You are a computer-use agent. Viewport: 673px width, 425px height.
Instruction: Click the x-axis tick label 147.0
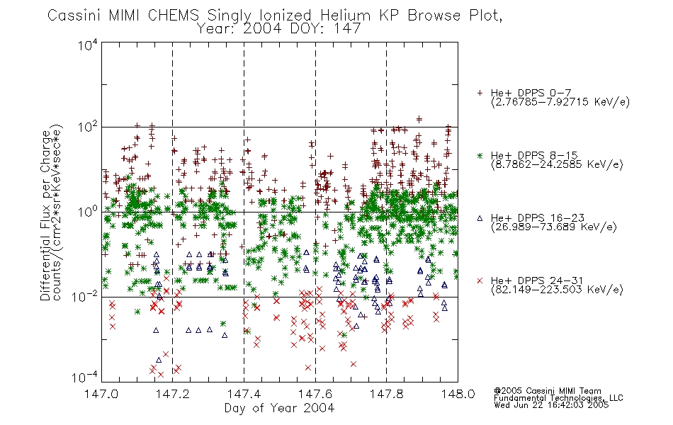(101, 394)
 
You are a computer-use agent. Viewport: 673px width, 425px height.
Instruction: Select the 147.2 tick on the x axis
(173, 394)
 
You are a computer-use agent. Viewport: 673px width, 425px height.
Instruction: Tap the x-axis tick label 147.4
(244, 394)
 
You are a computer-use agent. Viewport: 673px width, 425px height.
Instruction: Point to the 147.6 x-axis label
(315, 394)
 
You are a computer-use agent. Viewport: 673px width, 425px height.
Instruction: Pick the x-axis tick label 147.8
(386, 394)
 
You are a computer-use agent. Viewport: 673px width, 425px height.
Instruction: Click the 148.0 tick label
(458, 394)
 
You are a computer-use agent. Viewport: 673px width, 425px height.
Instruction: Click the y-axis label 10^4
(88, 45)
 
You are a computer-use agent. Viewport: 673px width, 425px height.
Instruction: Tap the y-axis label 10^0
(88, 212)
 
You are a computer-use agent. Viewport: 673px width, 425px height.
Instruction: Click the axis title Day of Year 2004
(279, 408)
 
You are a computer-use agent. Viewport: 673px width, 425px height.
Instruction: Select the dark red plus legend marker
(480, 93)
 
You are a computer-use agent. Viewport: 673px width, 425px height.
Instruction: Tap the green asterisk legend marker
(480, 155)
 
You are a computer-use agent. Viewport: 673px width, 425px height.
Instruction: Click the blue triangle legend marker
(480, 218)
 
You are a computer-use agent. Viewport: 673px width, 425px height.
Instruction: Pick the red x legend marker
(480, 280)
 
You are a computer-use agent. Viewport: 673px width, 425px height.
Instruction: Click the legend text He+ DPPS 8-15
(534, 155)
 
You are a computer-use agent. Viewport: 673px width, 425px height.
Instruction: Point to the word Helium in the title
(345, 16)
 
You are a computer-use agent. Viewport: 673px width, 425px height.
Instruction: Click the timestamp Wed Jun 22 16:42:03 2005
(551, 405)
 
